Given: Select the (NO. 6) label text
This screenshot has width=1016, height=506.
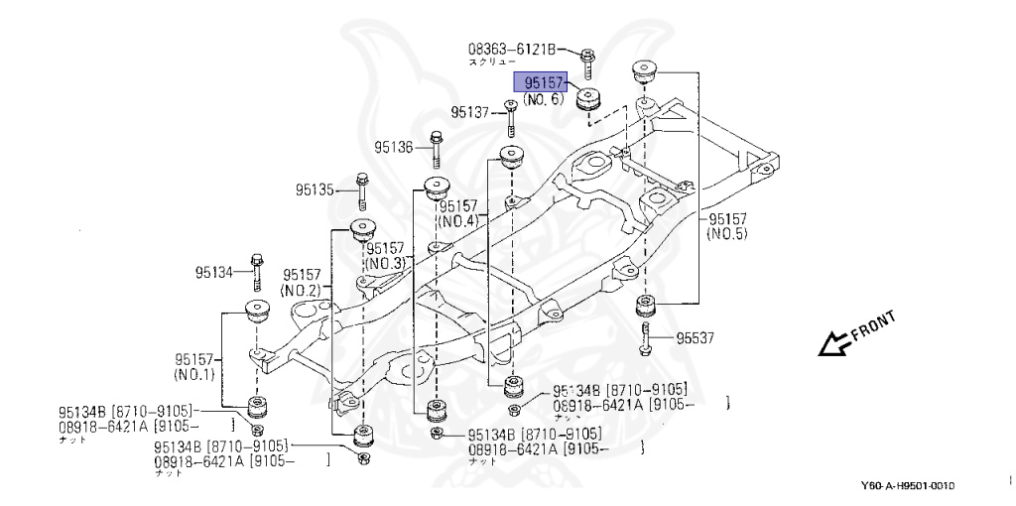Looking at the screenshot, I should [543, 100].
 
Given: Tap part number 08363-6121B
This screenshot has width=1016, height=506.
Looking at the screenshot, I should [513, 48].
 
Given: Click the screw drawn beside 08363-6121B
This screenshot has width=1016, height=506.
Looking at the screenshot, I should [587, 63].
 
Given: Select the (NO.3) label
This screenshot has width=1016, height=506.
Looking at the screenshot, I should [385, 264].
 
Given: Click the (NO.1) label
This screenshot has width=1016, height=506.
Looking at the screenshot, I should [194, 376].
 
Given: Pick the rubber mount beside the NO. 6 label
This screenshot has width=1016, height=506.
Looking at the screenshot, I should [591, 98].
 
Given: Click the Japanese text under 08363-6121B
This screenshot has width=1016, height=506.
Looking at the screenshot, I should [491, 62].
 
